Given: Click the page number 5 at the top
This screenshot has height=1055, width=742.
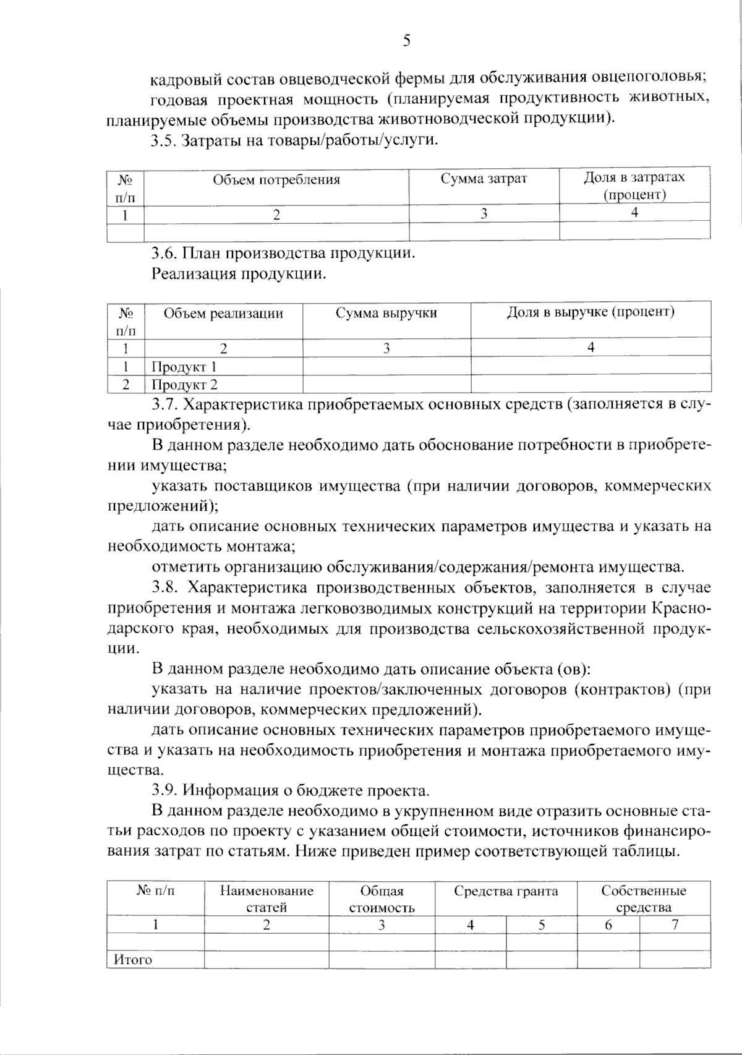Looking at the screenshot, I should coord(406,41).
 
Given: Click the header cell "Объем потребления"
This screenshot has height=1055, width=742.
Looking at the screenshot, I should coord(276,180).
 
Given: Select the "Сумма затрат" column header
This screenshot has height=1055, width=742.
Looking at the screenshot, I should coord(484,179).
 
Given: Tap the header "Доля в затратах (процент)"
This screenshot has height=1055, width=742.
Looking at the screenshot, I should coord(634,186).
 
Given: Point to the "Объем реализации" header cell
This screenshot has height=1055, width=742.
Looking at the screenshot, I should coord(223,314).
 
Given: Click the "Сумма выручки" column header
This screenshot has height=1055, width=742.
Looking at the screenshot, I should coord(386,313).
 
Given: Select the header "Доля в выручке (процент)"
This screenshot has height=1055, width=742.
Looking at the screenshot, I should coord(591,312).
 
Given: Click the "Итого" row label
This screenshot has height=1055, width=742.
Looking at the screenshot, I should coord(132,960).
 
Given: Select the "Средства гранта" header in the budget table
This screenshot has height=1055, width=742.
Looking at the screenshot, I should coord(506,891).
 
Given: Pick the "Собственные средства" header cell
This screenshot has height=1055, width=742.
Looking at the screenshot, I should coord(643,899).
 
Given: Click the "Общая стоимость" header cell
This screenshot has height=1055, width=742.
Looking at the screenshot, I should coord(382,899).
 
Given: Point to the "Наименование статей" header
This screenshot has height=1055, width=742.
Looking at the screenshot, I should coord(267,899).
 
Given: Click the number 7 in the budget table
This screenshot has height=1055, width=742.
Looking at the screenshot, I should coord(675,925).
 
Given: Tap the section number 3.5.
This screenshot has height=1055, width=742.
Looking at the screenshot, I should coord(164,140).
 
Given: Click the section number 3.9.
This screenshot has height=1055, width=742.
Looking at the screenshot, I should coord(164,790).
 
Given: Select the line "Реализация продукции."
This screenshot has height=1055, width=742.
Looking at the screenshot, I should coord(239,274).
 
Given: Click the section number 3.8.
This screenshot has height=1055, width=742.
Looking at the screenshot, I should coord(164,587).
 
